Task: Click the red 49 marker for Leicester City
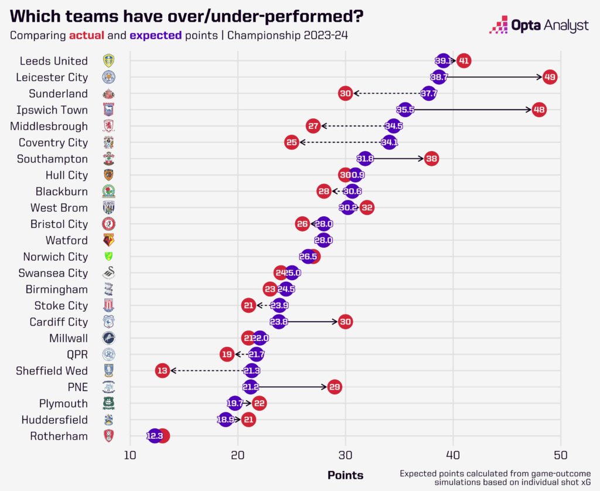point(549,77)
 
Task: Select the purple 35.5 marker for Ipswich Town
point(405,110)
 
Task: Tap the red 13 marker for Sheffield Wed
point(162,370)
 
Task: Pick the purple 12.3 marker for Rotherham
point(155,436)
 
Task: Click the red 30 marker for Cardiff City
point(345,322)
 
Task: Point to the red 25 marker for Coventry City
point(292,142)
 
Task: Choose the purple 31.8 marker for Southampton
point(365,159)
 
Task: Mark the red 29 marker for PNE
point(335,387)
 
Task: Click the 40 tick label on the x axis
point(453,455)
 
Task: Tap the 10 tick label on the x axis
point(130,455)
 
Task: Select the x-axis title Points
point(345,475)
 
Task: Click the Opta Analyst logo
point(540,26)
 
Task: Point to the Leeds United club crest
point(108,60)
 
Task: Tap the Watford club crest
point(108,240)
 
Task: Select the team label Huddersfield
point(54,420)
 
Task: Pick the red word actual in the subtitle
point(86,35)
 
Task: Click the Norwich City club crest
point(108,257)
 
